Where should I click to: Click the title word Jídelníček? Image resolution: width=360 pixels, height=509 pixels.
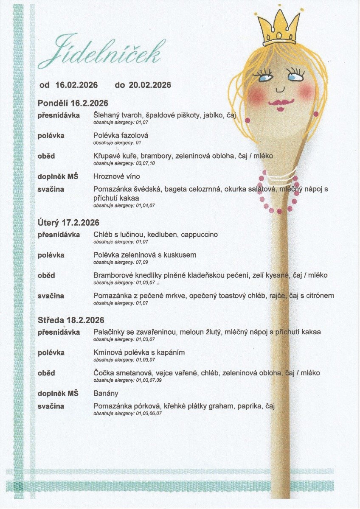[100, 53]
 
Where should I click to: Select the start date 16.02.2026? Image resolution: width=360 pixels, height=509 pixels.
[76, 85]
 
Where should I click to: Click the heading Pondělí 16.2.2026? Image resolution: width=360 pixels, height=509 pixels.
[73, 103]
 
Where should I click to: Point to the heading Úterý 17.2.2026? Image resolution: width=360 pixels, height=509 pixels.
[68, 223]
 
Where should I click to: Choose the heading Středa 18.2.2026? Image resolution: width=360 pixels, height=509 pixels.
[71, 320]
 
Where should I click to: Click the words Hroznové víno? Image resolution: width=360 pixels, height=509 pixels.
[116, 176]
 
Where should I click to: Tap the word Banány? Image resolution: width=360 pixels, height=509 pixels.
[106, 393]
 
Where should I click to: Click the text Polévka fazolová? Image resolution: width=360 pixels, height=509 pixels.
[121, 136]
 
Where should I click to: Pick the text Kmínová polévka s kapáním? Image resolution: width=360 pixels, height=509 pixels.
[139, 352]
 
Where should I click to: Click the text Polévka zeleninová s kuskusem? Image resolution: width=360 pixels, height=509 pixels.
[145, 255]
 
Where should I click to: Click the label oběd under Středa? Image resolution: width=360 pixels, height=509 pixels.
[46, 373]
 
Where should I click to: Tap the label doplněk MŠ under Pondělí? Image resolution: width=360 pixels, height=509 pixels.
[58, 176]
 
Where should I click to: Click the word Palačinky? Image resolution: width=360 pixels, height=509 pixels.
[108, 332]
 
